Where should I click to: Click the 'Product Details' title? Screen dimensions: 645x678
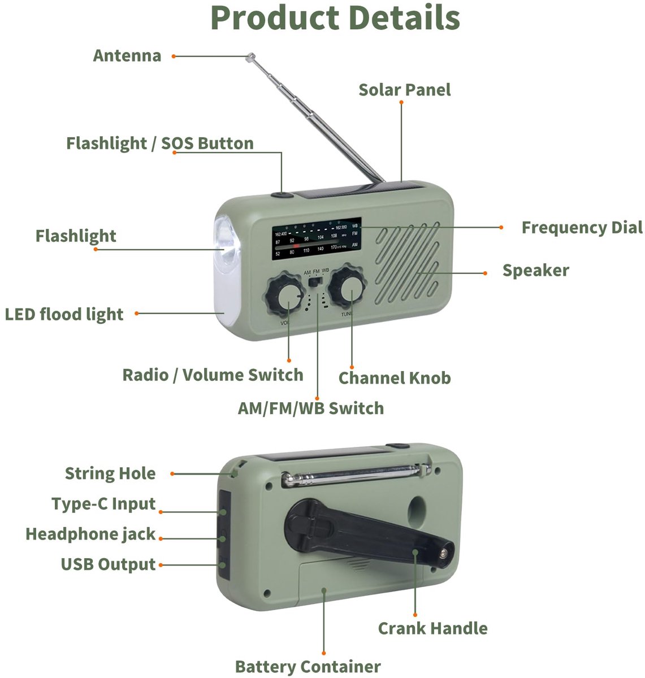click(x=335, y=18)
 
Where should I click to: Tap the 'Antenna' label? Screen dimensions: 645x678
click(x=127, y=56)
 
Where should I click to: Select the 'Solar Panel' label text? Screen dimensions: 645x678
click(x=404, y=90)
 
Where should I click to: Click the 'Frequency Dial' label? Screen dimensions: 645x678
click(x=582, y=228)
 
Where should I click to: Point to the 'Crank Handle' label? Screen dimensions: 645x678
click(x=433, y=628)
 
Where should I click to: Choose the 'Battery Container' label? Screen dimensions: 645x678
click(x=308, y=667)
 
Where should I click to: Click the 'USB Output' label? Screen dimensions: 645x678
click(x=108, y=564)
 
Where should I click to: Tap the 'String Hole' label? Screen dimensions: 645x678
click(x=110, y=473)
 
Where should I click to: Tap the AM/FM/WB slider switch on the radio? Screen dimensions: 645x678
click(x=314, y=282)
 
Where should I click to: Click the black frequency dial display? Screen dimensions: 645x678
click(x=317, y=239)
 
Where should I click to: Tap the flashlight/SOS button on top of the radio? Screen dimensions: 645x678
click(x=282, y=195)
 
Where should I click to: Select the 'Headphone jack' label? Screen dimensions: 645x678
click(x=90, y=534)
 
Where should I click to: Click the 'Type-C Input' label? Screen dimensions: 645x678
click(x=103, y=504)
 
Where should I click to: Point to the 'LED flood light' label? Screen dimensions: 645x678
click(x=64, y=314)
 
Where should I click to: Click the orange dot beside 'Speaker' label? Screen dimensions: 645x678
click(x=485, y=273)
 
